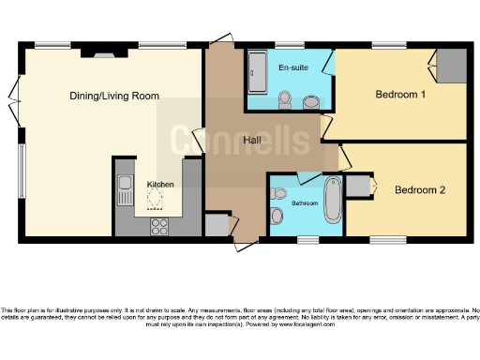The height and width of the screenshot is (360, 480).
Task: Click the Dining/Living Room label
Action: pos(113,96)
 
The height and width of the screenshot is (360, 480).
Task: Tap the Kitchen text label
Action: pos(159,185)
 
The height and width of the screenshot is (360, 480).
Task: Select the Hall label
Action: pos(252,141)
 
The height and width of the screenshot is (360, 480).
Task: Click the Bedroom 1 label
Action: pos(400,95)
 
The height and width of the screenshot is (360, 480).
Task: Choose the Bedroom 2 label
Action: pos(419,190)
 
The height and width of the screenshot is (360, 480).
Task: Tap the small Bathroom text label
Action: pos(305,202)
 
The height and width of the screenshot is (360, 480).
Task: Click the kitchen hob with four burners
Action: pos(159,225)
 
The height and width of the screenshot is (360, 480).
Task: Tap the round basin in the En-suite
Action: pos(310,99)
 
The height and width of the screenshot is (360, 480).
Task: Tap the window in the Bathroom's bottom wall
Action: pos(307,240)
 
